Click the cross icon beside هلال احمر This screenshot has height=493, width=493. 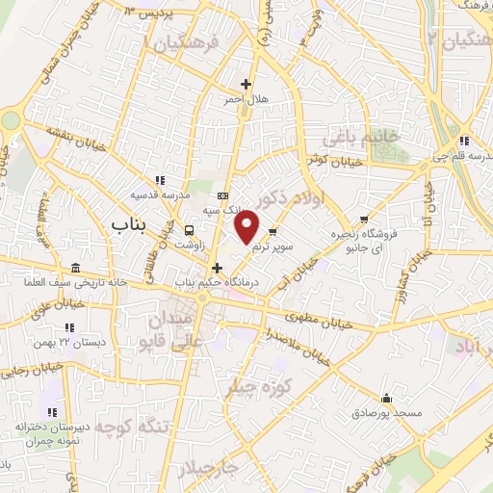click(246, 84)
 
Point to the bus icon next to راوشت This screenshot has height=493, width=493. click(190, 231)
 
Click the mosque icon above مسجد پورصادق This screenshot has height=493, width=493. click(387, 398)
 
